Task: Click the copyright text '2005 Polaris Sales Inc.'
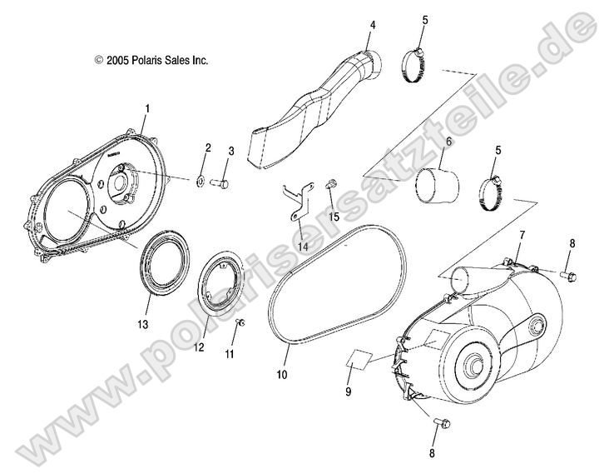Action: click(151, 60)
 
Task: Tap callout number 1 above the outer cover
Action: click(147, 108)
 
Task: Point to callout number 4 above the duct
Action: click(373, 25)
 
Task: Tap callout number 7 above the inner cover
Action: click(522, 236)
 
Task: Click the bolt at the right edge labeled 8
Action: click(568, 273)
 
